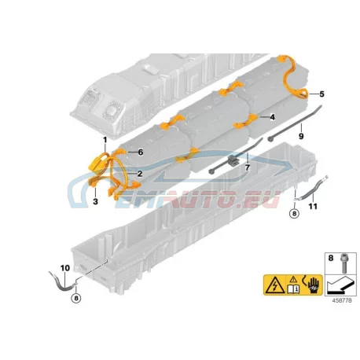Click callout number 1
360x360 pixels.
[x=105, y=140]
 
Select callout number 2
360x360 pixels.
[x=140, y=174]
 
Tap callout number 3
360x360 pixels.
[x=95, y=201]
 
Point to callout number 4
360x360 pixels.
[x=273, y=117]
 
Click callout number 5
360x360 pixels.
[x=321, y=94]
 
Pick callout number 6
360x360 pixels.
[x=141, y=152]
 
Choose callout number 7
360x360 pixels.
[x=248, y=167]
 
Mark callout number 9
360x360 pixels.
[x=301, y=136]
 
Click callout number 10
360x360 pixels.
[x=65, y=268]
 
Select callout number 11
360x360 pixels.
[x=313, y=207]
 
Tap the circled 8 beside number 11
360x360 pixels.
[x=294, y=214]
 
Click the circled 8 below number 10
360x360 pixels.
[x=76, y=298]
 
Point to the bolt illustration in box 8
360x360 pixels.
[x=344, y=263]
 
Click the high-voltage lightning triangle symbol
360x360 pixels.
[x=274, y=286]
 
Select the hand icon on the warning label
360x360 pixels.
[x=314, y=285]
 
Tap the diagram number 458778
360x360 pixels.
[x=342, y=300]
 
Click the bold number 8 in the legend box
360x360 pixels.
[x=331, y=258]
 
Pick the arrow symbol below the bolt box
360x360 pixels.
[x=340, y=285]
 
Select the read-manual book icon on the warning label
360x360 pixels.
[x=293, y=289]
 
